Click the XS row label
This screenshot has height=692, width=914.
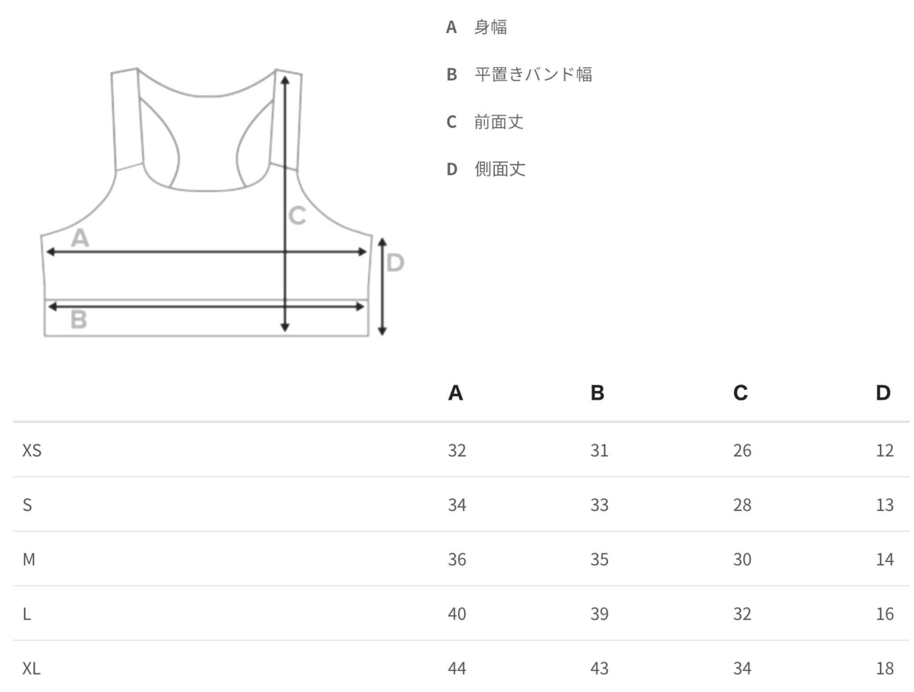click(32, 450)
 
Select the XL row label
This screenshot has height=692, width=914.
click(31, 668)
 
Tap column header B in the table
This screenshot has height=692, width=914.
click(597, 393)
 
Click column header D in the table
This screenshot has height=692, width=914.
click(883, 393)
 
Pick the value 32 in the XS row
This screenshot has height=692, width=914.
click(457, 450)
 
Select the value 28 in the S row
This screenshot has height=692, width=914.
click(742, 505)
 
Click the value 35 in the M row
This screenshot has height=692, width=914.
click(599, 559)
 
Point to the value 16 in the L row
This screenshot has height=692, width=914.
click(885, 614)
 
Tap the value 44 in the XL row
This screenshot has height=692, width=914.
click(457, 668)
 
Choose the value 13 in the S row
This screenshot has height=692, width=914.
click(885, 505)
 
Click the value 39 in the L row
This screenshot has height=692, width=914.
click(599, 614)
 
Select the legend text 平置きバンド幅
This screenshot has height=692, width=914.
click(534, 74)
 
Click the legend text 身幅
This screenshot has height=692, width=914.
click(491, 27)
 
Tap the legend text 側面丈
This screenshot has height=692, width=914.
click(500, 169)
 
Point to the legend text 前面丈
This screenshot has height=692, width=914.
click(499, 121)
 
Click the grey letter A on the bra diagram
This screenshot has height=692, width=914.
click(80, 238)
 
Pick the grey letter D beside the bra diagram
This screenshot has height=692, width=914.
click(395, 263)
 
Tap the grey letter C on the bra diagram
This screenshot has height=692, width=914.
click(297, 216)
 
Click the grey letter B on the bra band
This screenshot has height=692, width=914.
click(79, 319)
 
